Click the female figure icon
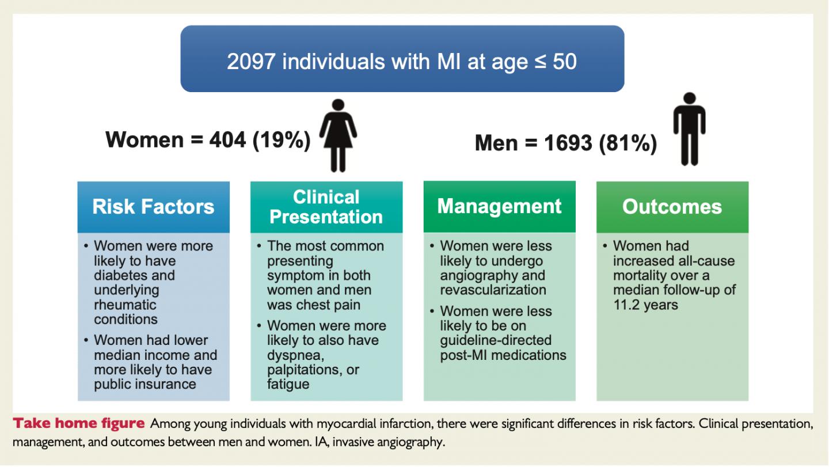click(x=338, y=135)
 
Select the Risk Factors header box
click(x=154, y=207)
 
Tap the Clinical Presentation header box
click(x=326, y=207)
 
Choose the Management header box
click(x=499, y=207)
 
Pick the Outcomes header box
click(x=672, y=207)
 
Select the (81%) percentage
click(x=628, y=143)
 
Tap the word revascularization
click(x=493, y=290)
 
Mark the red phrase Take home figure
click(x=79, y=424)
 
